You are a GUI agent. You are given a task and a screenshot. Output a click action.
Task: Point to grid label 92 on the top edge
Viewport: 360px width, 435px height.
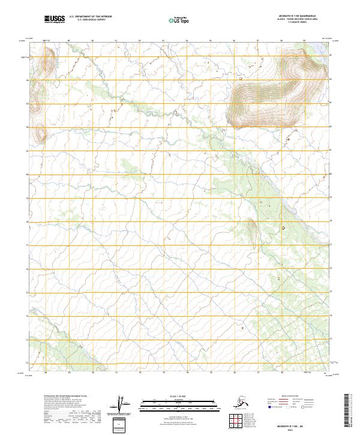click(139, 41)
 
